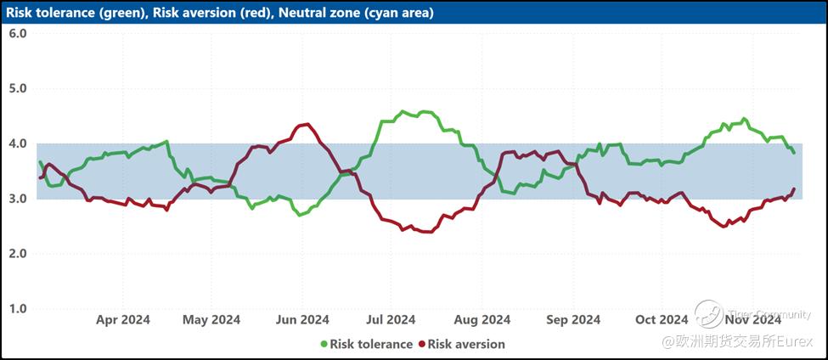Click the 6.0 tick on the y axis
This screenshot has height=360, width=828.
18,33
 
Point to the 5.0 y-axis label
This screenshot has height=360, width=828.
18,88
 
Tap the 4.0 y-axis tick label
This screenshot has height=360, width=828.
18,143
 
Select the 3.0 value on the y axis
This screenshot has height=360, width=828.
18,199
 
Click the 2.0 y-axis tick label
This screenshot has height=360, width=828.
18,254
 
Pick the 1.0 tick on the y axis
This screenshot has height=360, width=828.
18,309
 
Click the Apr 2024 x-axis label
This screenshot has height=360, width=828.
123,319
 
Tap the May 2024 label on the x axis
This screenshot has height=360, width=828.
211,319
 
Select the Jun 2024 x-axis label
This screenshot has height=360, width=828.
302,319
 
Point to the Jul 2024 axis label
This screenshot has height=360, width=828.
391,319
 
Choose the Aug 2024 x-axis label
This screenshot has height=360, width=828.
482,319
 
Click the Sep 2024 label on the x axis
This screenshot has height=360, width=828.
573,319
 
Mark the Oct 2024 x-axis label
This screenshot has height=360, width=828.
662,319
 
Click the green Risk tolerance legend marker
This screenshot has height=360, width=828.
324,345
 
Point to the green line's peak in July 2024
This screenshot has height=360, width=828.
403,111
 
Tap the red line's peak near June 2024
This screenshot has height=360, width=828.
304,125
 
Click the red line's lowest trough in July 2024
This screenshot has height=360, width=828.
425,232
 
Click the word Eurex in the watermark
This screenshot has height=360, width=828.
797,341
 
